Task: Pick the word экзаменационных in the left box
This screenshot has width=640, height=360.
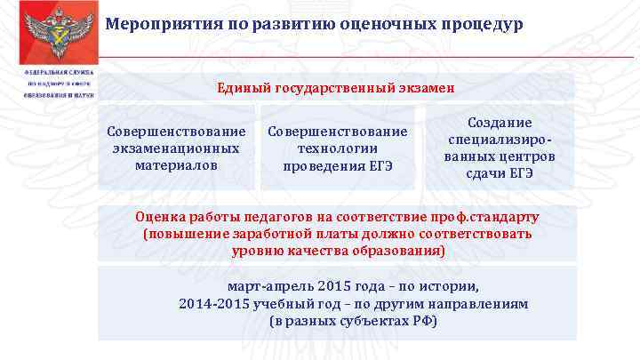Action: (176, 148)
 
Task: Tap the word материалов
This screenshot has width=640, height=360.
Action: (176, 164)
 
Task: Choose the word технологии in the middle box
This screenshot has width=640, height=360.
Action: (338, 148)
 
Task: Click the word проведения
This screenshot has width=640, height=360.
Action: (324, 164)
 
